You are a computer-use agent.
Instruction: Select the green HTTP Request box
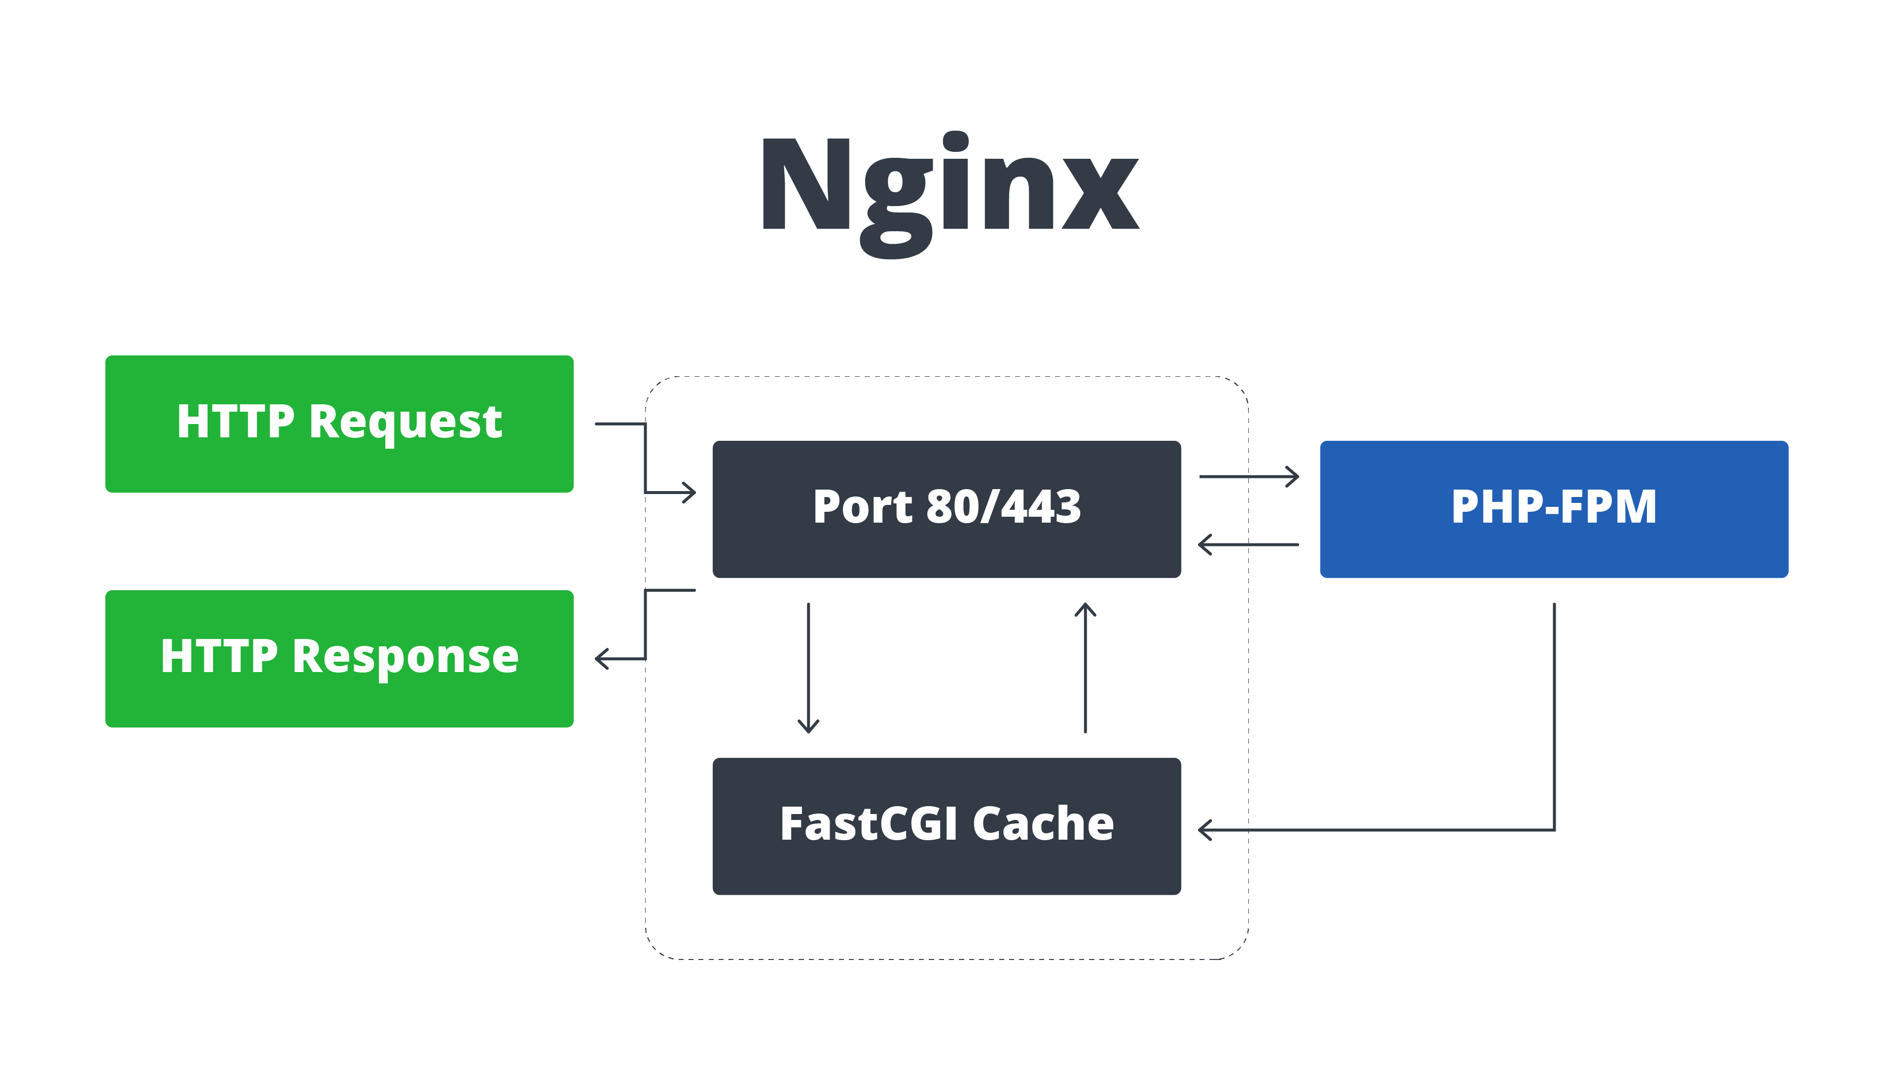tap(339, 424)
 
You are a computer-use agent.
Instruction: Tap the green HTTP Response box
tap(339, 659)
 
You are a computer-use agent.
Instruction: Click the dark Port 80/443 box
tap(947, 509)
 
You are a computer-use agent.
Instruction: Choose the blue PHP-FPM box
tap(1554, 509)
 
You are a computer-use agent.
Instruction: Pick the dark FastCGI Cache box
tap(947, 826)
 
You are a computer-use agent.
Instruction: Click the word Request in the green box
tap(405, 424)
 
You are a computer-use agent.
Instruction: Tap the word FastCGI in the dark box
tap(868, 823)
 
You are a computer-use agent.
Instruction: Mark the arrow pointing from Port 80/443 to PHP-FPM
tap(1249, 476)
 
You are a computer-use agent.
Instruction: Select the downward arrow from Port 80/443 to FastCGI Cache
tap(809, 668)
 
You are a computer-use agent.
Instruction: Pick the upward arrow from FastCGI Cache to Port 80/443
tap(1085, 668)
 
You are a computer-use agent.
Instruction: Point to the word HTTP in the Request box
tap(235, 422)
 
